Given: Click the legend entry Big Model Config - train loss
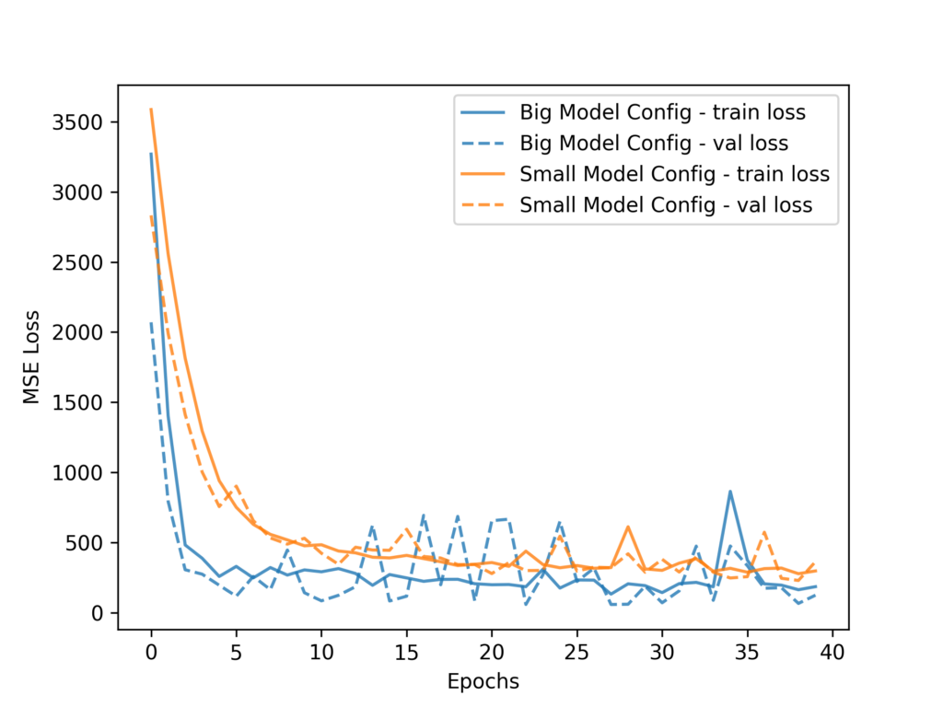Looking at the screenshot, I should click(x=663, y=112).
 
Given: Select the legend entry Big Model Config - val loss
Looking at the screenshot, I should click(x=654, y=144).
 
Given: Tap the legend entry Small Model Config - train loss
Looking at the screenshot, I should click(x=674, y=174).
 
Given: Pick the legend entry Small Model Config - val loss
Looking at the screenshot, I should click(x=666, y=205).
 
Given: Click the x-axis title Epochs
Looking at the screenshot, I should click(x=483, y=682).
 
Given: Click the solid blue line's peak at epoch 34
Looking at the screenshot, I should click(x=730, y=492).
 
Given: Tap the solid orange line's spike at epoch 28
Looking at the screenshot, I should click(x=628, y=527).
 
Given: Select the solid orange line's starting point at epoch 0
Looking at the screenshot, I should click(x=151, y=110).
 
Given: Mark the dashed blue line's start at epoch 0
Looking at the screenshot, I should click(x=151, y=323).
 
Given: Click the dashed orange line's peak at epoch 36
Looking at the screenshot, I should click(x=764, y=532).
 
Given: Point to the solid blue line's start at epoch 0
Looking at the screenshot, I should click(x=151, y=154).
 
